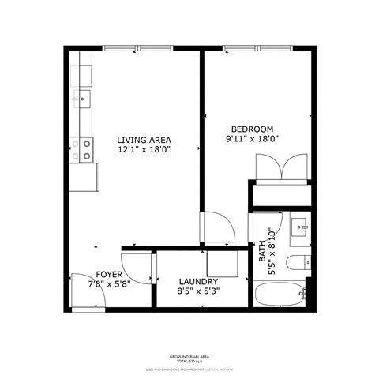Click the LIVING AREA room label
(144, 137)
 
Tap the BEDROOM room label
(252, 129)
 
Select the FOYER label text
(109, 275)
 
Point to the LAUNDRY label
(198, 281)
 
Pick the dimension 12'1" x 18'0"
(144, 148)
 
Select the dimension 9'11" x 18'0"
(252, 141)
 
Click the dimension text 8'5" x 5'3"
(198, 291)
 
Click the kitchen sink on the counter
(82, 99)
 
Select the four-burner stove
(82, 149)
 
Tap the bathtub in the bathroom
(280, 295)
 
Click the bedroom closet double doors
(281, 169)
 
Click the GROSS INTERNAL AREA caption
(189, 356)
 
